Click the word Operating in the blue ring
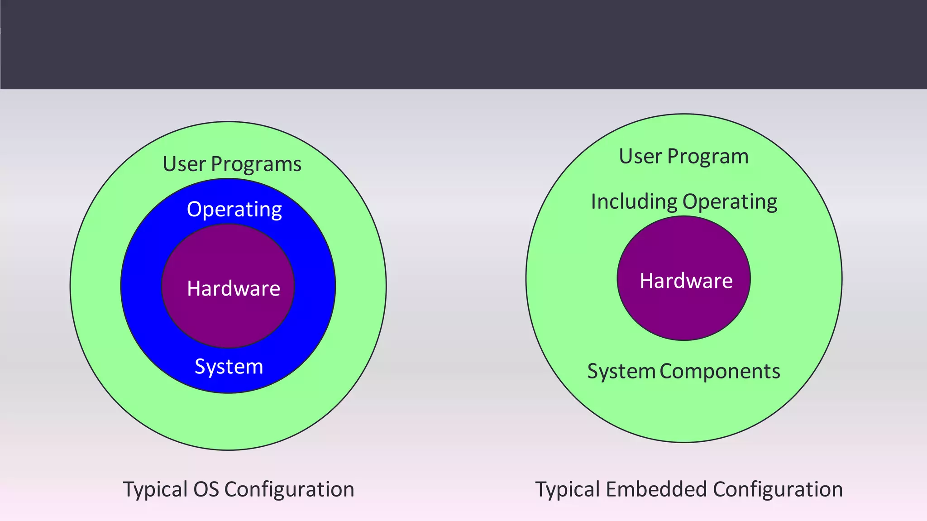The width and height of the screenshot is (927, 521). click(x=234, y=210)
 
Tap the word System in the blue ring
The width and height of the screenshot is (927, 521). click(x=229, y=366)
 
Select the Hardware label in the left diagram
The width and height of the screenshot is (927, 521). click(x=234, y=288)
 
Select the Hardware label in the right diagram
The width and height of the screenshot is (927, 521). click(x=686, y=281)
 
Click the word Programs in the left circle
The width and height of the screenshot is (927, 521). click(x=256, y=164)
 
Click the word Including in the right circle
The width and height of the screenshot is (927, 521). click(x=634, y=201)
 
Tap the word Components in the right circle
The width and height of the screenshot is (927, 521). click(x=720, y=371)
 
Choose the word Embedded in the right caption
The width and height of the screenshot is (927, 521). click(x=656, y=489)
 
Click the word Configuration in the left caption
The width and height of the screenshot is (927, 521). click(x=289, y=489)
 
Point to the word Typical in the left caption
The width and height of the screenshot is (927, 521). click(x=155, y=490)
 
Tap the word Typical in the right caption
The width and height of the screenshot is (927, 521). click(x=568, y=490)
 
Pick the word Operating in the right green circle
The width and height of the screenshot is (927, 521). click(x=730, y=202)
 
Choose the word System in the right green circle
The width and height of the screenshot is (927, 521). click(x=621, y=371)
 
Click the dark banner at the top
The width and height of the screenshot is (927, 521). click(x=463, y=44)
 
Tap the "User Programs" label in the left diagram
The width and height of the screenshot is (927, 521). click(x=232, y=164)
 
